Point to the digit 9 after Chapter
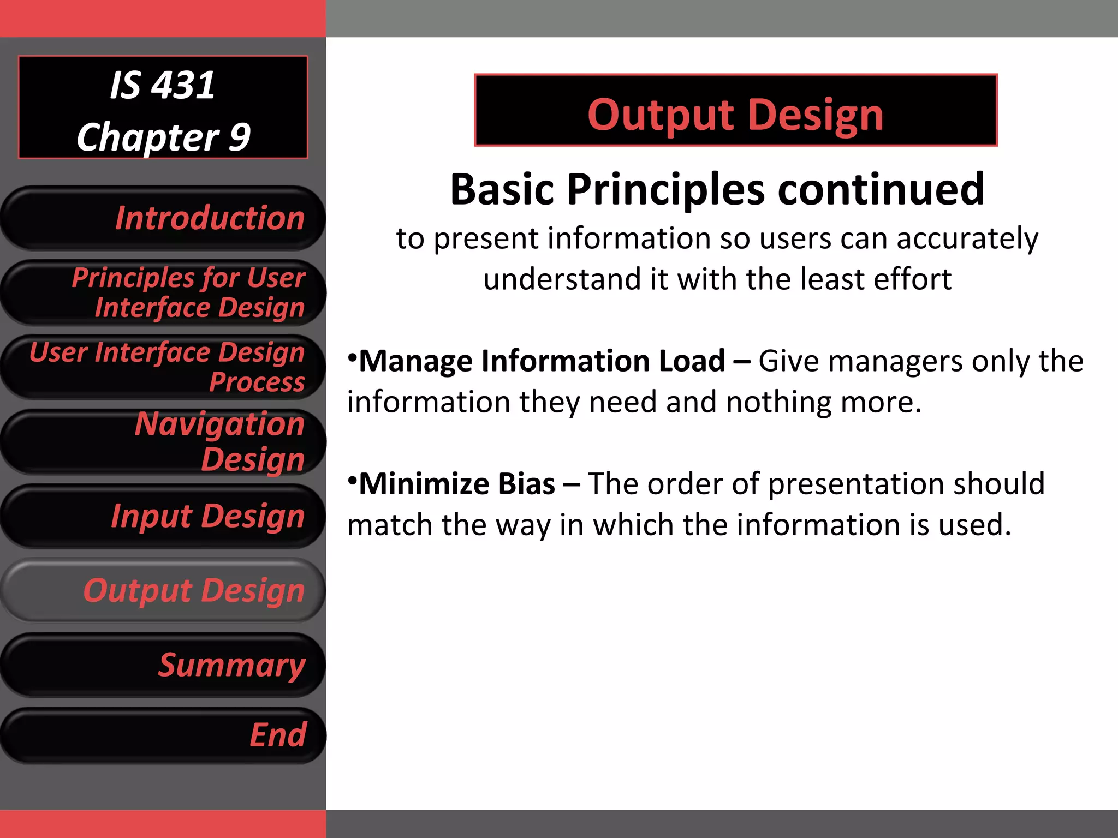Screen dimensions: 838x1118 239,137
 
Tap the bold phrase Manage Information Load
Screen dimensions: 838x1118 542,361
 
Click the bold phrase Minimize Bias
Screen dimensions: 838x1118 456,484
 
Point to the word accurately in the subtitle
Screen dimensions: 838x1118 967,239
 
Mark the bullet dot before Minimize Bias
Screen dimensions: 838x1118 353,480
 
